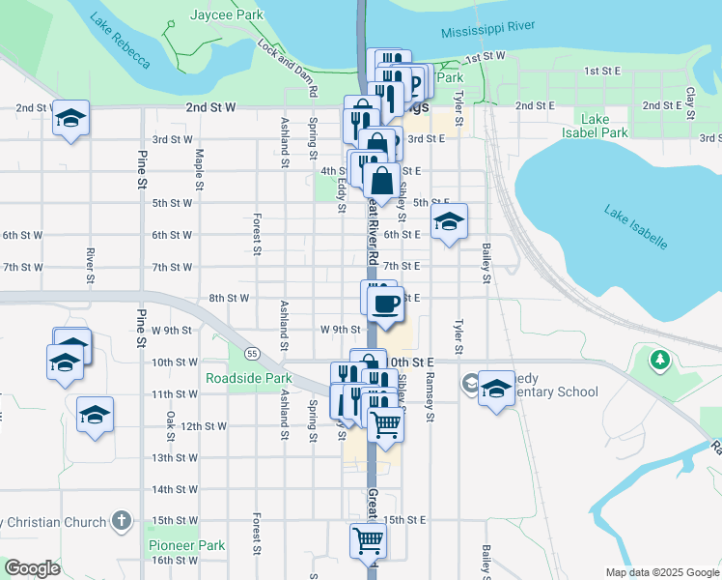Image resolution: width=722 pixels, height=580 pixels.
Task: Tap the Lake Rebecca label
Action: point(121,41)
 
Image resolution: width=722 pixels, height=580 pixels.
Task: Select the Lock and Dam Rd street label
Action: point(289,68)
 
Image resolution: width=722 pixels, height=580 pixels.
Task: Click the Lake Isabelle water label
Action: point(636,226)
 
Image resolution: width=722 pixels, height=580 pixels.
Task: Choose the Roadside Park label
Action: point(248,378)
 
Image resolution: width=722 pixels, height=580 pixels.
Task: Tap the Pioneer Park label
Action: point(187,545)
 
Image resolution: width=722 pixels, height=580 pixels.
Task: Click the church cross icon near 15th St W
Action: point(121,521)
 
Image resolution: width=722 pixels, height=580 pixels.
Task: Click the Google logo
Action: point(32,567)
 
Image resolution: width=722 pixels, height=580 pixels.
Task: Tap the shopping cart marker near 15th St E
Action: point(368,540)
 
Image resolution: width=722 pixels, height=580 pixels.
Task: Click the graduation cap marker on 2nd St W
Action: point(71,118)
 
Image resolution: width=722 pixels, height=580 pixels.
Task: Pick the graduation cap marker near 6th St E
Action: point(449,222)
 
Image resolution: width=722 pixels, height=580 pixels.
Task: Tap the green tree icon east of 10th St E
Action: point(660,362)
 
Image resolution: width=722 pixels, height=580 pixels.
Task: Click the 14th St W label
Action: point(175,489)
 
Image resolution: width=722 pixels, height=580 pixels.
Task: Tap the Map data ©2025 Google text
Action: point(660,572)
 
